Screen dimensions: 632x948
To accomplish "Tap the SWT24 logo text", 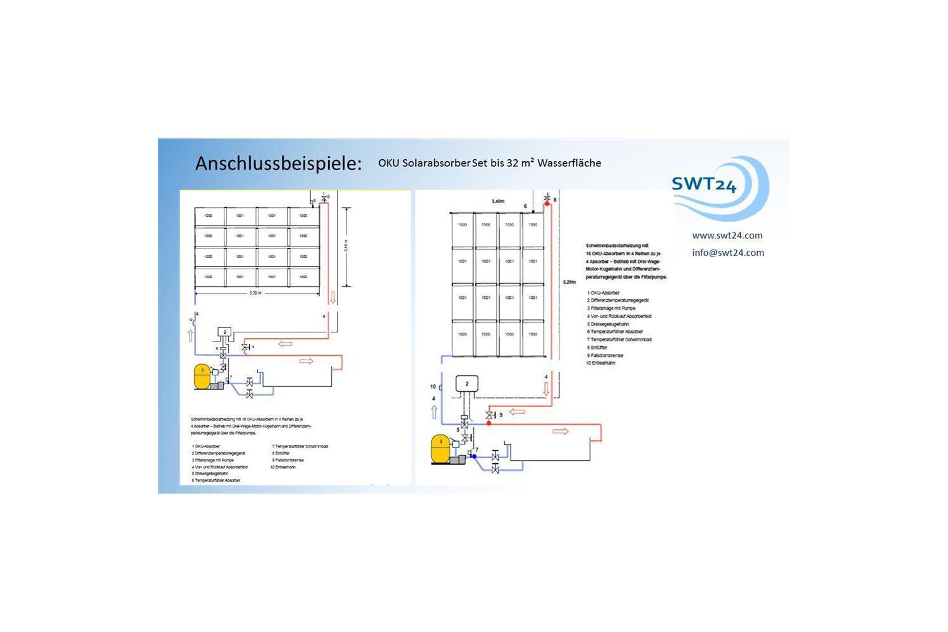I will coord(703,184).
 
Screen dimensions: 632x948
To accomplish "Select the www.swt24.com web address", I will coord(727,235).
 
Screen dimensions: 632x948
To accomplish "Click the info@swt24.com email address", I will coord(727,252).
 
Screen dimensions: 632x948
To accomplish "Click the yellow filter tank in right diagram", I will coord(441,448).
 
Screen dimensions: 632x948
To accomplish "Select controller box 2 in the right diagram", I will coord(467,384).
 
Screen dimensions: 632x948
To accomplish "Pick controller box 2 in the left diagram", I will coord(224,332).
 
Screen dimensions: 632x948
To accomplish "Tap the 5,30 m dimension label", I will coord(255,293).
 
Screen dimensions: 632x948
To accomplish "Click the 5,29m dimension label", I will coord(569,282).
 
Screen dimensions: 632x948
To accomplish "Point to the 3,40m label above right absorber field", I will coord(498,201).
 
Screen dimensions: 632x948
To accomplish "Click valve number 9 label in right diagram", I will coord(501,415).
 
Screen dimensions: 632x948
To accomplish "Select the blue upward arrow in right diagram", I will coord(434,412).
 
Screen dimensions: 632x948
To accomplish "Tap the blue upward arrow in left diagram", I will coord(190,335).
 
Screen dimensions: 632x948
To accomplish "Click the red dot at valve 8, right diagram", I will coord(547,204).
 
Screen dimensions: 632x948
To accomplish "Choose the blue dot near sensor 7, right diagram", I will coord(474,456).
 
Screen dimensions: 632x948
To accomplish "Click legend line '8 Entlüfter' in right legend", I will coord(597,348).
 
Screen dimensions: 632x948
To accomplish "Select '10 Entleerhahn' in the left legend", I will coord(283,467).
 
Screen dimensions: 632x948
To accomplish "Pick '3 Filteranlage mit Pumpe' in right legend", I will coord(611,308).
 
